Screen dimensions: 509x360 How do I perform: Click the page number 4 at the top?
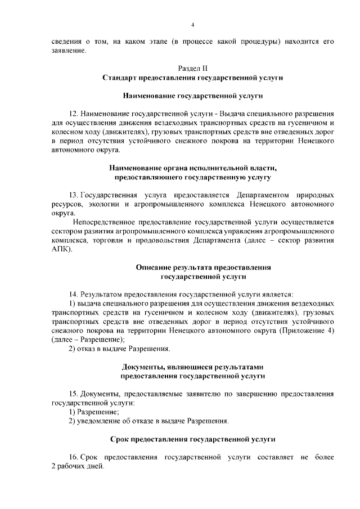[192, 25]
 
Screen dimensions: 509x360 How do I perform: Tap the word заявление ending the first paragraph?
[69, 51]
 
